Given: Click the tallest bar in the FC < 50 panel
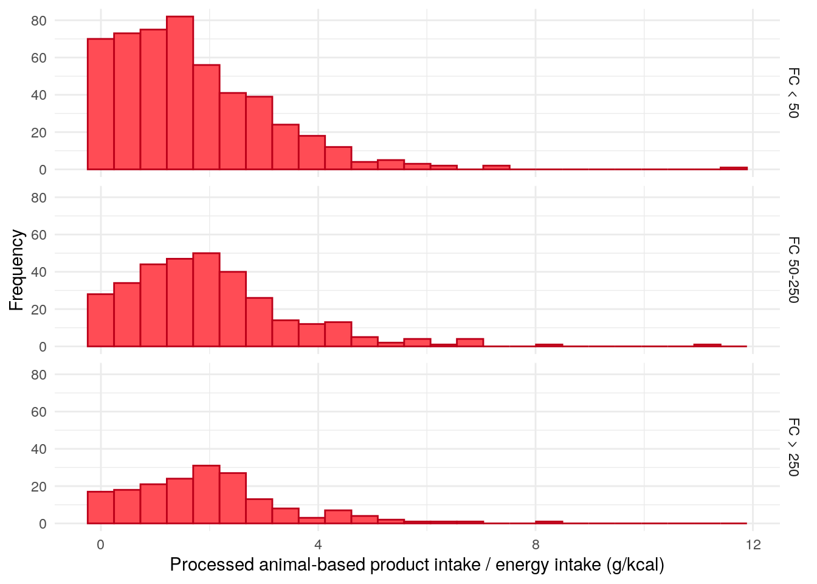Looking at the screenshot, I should (180, 93).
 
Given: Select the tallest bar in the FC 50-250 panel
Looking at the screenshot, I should (206, 300).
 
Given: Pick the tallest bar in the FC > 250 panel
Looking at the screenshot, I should (206, 495).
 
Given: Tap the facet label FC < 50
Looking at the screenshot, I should (793, 93).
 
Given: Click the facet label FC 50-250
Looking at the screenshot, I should (793, 269).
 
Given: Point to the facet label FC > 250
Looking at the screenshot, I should (793, 447).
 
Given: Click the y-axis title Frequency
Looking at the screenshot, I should (17, 269).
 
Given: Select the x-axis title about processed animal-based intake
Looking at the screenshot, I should (417, 565).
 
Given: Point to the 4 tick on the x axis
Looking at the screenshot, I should (318, 544).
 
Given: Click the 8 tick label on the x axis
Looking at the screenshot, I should (536, 544).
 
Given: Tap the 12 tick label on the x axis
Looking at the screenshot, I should (753, 544).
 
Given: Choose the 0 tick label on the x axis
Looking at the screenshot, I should (101, 544).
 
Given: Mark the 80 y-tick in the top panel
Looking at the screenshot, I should (39, 21).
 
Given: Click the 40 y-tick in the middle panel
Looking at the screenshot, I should (39, 272).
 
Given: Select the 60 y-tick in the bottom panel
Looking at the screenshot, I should (39, 412).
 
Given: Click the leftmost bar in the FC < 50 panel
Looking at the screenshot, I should (100, 104).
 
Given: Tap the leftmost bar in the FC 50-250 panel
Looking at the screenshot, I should (100, 321).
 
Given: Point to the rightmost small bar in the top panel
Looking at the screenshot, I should (734, 168).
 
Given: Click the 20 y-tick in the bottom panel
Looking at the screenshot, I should (39, 487).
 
